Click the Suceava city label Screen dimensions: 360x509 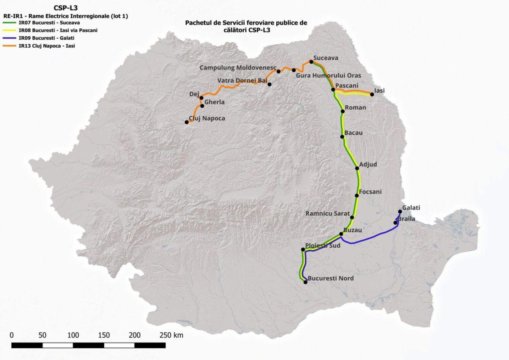point(325,58)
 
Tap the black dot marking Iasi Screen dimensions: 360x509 point(372,95)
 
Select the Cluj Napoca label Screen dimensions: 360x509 point(207,118)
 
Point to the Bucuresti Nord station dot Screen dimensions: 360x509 point(305,282)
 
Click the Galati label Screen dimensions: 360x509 point(411,208)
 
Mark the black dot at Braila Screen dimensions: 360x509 point(396,223)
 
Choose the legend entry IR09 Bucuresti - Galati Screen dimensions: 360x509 point(46,38)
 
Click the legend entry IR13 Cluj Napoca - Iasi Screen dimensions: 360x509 point(47,46)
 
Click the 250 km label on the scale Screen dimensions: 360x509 point(171,335)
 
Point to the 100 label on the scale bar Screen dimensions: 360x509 point(73,335)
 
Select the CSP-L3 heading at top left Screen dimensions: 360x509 point(65,8)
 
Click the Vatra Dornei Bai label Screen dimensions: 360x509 point(242,80)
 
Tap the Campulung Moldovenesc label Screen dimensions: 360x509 point(238,68)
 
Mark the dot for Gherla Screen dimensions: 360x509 point(202,106)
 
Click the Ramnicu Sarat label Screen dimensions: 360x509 point(328,213)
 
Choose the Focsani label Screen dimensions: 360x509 point(370,192)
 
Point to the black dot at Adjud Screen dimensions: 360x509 point(357,168)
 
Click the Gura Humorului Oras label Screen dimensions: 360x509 point(328,76)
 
